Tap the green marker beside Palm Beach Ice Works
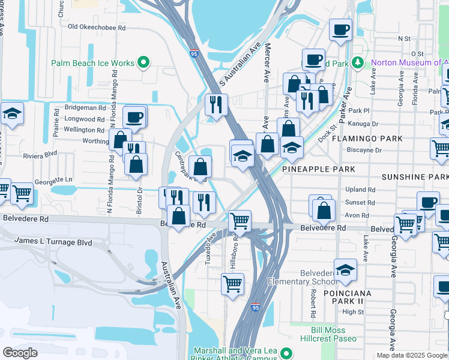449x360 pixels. click(143, 62)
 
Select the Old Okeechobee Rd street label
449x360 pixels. click(97, 27)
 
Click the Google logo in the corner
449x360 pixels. click(20, 353)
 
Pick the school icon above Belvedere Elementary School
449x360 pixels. click(345, 270)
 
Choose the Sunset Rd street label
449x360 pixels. click(361, 203)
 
